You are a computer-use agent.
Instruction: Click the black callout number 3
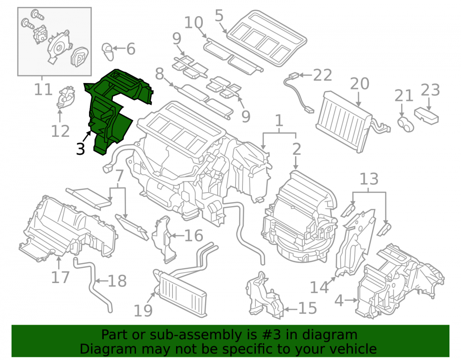click(x=80, y=149)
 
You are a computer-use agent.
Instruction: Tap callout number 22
click(x=322, y=75)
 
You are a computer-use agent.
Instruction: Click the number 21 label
click(x=404, y=95)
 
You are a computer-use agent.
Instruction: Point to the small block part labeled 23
click(x=426, y=116)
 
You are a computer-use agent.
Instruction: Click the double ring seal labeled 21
click(x=405, y=124)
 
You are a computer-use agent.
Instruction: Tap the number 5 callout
click(x=219, y=15)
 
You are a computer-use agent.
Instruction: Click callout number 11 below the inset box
click(x=43, y=89)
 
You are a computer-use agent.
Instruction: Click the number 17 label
click(x=60, y=277)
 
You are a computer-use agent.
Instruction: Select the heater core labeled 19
click(x=180, y=293)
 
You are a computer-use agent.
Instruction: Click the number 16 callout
click(x=194, y=236)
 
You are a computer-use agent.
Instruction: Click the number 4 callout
click(x=339, y=301)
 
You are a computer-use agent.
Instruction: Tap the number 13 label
click(x=369, y=179)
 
